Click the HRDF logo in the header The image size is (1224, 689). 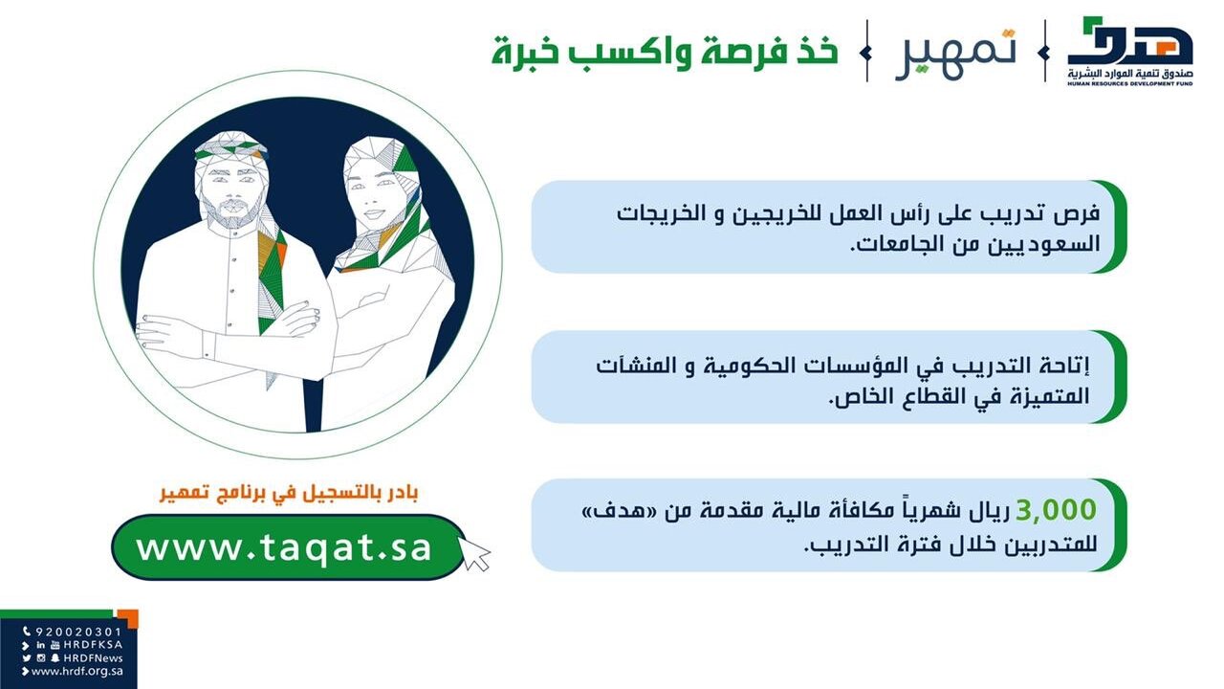click(1130, 51)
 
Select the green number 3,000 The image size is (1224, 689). click(1056, 510)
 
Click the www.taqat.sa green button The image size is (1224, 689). click(288, 546)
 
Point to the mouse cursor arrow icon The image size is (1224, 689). click(473, 553)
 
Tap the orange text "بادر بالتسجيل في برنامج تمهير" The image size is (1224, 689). click(289, 493)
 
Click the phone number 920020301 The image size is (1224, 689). click(78, 633)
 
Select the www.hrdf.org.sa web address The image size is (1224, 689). click(77, 671)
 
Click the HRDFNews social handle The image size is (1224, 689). click(94, 657)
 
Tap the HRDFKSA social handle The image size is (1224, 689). click(93, 645)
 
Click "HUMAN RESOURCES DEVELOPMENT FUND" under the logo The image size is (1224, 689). click(1130, 84)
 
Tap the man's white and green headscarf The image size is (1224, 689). click(232, 148)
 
